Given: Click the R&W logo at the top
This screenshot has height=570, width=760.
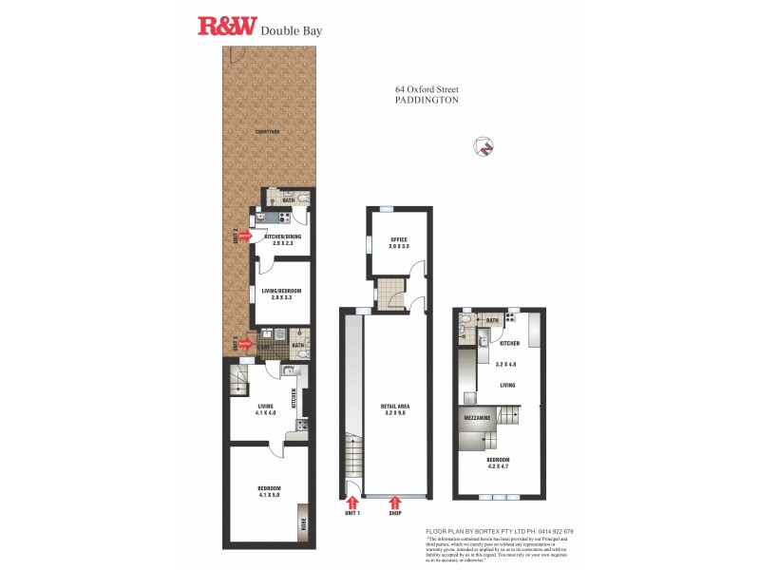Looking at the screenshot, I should tap(226, 26).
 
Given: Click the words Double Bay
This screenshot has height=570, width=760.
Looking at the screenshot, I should tap(291, 29).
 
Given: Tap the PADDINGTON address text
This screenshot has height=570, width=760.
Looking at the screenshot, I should tap(427, 99).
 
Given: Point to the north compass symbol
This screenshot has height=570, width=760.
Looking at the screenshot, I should tap(486, 146).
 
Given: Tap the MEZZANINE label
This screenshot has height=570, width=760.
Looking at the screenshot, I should tap(477, 417).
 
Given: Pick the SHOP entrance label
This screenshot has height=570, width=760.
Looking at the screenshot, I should tap(395, 513).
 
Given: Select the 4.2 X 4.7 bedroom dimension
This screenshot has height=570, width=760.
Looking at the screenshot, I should tap(499, 466).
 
